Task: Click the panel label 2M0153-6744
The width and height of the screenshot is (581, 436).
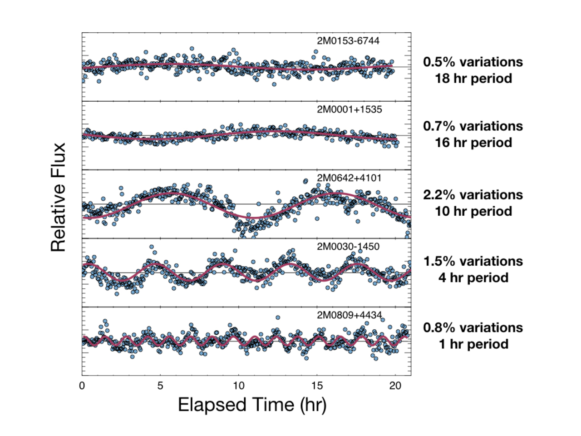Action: pyautogui.click(x=348, y=41)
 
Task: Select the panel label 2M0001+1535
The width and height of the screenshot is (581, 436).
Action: pyautogui.click(x=349, y=109)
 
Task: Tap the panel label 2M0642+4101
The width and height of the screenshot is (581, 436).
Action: pyautogui.click(x=349, y=178)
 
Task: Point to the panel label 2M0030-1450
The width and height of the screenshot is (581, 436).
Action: pyautogui.click(x=348, y=247)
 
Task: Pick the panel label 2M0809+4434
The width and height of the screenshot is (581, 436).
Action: pyautogui.click(x=349, y=315)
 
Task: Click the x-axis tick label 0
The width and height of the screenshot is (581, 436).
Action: pyautogui.click(x=82, y=386)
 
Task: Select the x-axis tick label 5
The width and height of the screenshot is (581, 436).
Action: pyautogui.click(x=160, y=386)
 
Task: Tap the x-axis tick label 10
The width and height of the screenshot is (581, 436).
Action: pyautogui.click(x=239, y=386)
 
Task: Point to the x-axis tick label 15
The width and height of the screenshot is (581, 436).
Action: pyautogui.click(x=317, y=386)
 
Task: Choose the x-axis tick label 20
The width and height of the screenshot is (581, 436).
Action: pyautogui.click(x=395, y=386)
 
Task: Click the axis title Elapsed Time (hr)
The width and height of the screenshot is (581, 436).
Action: pyautogui.click(x=252, y=405)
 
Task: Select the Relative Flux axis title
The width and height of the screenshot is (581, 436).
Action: pyautogui.click(x=59, y=198)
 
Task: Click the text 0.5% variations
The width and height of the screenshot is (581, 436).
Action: pyautogui.click(x=473, y=62)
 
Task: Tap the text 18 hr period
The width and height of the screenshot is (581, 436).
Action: pyautogui.click(x=473, y=79)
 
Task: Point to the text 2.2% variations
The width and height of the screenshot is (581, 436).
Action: pyautogui.click(x=473, y=195)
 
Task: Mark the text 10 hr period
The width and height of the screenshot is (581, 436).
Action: pyautogui.click(x=473, y=211)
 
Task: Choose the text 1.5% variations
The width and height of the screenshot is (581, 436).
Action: pyautogui.click(x=473, y=262)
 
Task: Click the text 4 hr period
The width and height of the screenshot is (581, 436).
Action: pyautogui.click(x=473, y=278)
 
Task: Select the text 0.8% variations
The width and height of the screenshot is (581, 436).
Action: pyautogui.click(x=473, y=328)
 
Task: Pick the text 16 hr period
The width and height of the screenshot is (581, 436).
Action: pyautogui.click(x=473, y=143)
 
